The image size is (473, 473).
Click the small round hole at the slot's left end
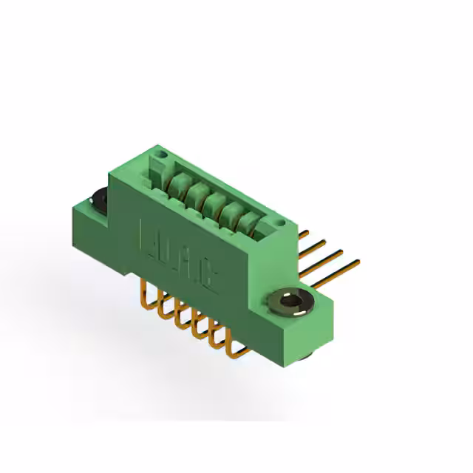pos(163,154)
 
